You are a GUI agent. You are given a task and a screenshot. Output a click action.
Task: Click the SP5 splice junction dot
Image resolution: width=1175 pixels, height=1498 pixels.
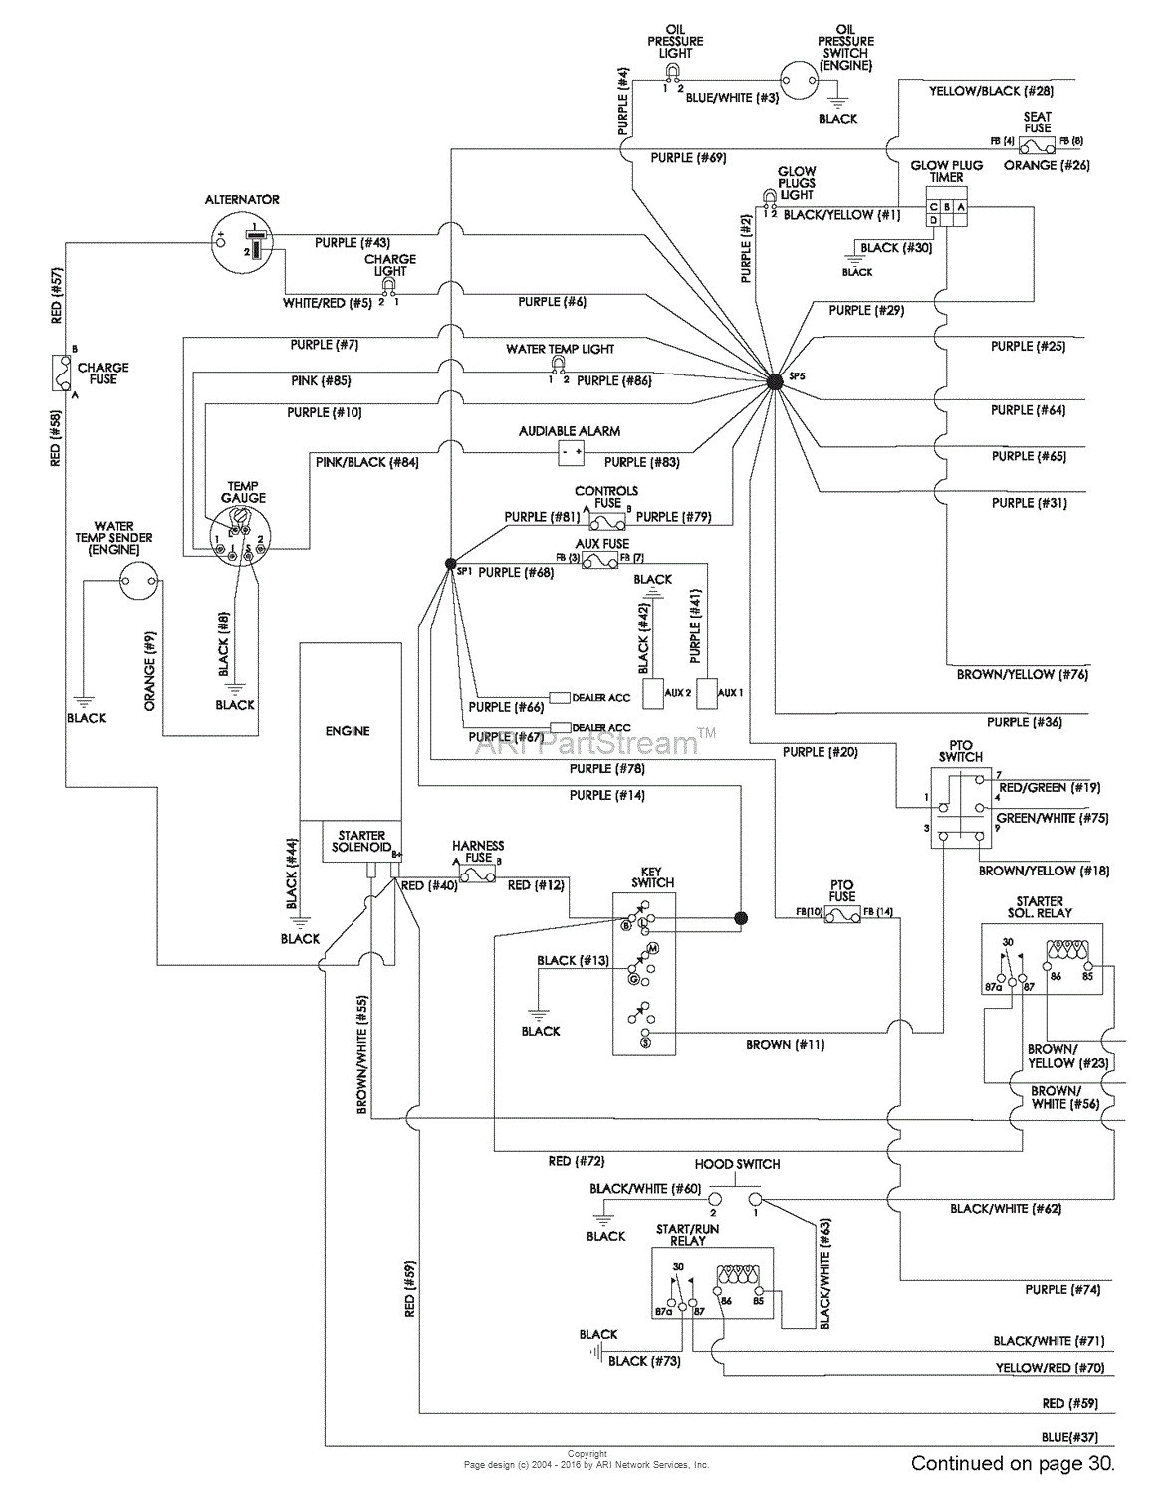776,380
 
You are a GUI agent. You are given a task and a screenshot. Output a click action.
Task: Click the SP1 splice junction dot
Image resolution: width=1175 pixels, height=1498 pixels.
449,563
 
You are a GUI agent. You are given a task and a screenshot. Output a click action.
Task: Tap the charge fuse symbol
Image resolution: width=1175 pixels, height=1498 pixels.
62,373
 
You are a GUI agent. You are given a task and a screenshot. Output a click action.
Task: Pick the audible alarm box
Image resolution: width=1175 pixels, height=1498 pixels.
571,453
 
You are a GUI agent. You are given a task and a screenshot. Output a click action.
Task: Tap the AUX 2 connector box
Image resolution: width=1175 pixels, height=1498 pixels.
654,693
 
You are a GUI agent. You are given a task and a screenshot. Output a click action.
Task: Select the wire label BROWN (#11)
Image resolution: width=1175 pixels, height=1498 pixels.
785,1045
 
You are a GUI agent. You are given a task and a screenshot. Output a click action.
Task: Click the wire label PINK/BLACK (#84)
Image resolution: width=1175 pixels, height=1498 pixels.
353,462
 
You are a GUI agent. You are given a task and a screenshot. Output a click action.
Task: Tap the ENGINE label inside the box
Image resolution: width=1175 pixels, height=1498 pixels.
348,731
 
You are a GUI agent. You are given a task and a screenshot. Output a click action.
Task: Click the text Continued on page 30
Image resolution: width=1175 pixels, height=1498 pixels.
1012,1464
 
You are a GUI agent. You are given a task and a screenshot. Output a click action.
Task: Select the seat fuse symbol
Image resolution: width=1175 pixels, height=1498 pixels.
1037,143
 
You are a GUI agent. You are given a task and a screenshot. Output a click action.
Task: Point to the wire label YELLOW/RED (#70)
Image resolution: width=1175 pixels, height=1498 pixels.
1050,1368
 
